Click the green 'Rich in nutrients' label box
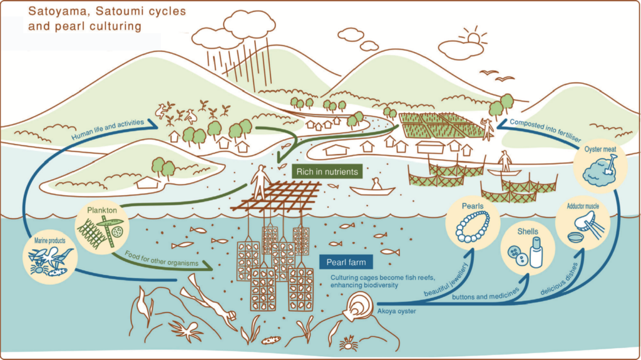pyautogui.click(x=327, y=172)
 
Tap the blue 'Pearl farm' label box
pyautogui.click(x=346, y=262)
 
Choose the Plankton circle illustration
pyautogui.click(x=102, y=227)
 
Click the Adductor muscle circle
pyautogui.click(x=583, y=224)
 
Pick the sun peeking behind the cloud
pyautogui.click(x=473, y=36)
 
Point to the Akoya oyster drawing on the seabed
pyautogui.click(x=359, y=307)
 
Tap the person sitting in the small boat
pyautogui.click(x=376, y=184)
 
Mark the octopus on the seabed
pyautogui.click(x=186, y=330)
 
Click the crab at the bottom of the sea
pyautogui.click(x=349, y=343)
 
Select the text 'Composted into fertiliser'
pyautogui.click(x=546, y=130)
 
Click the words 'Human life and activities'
pyautogui.click(x=108, y=129)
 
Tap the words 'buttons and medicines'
pyautogui.click(x=486, y=294)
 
